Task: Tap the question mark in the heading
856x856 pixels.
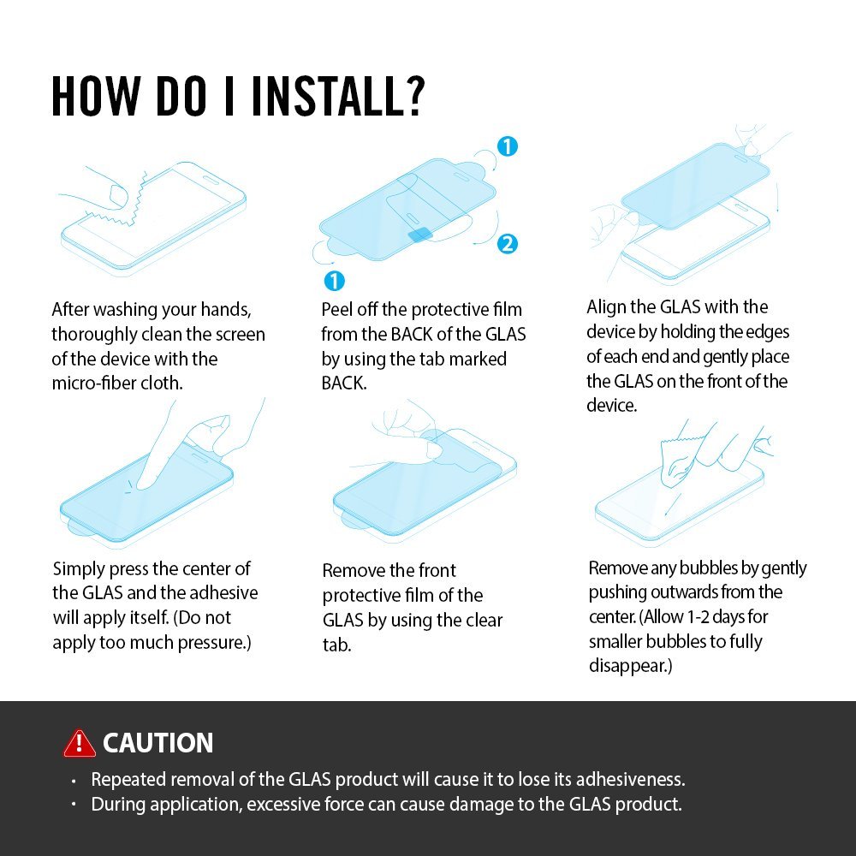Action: pos(415,95)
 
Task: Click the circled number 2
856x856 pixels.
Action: pos(507,243)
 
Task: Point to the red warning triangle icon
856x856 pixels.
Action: pos(79,743)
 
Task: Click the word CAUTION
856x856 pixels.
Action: pos(158,743)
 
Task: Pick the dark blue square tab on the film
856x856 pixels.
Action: pos(419,235)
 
